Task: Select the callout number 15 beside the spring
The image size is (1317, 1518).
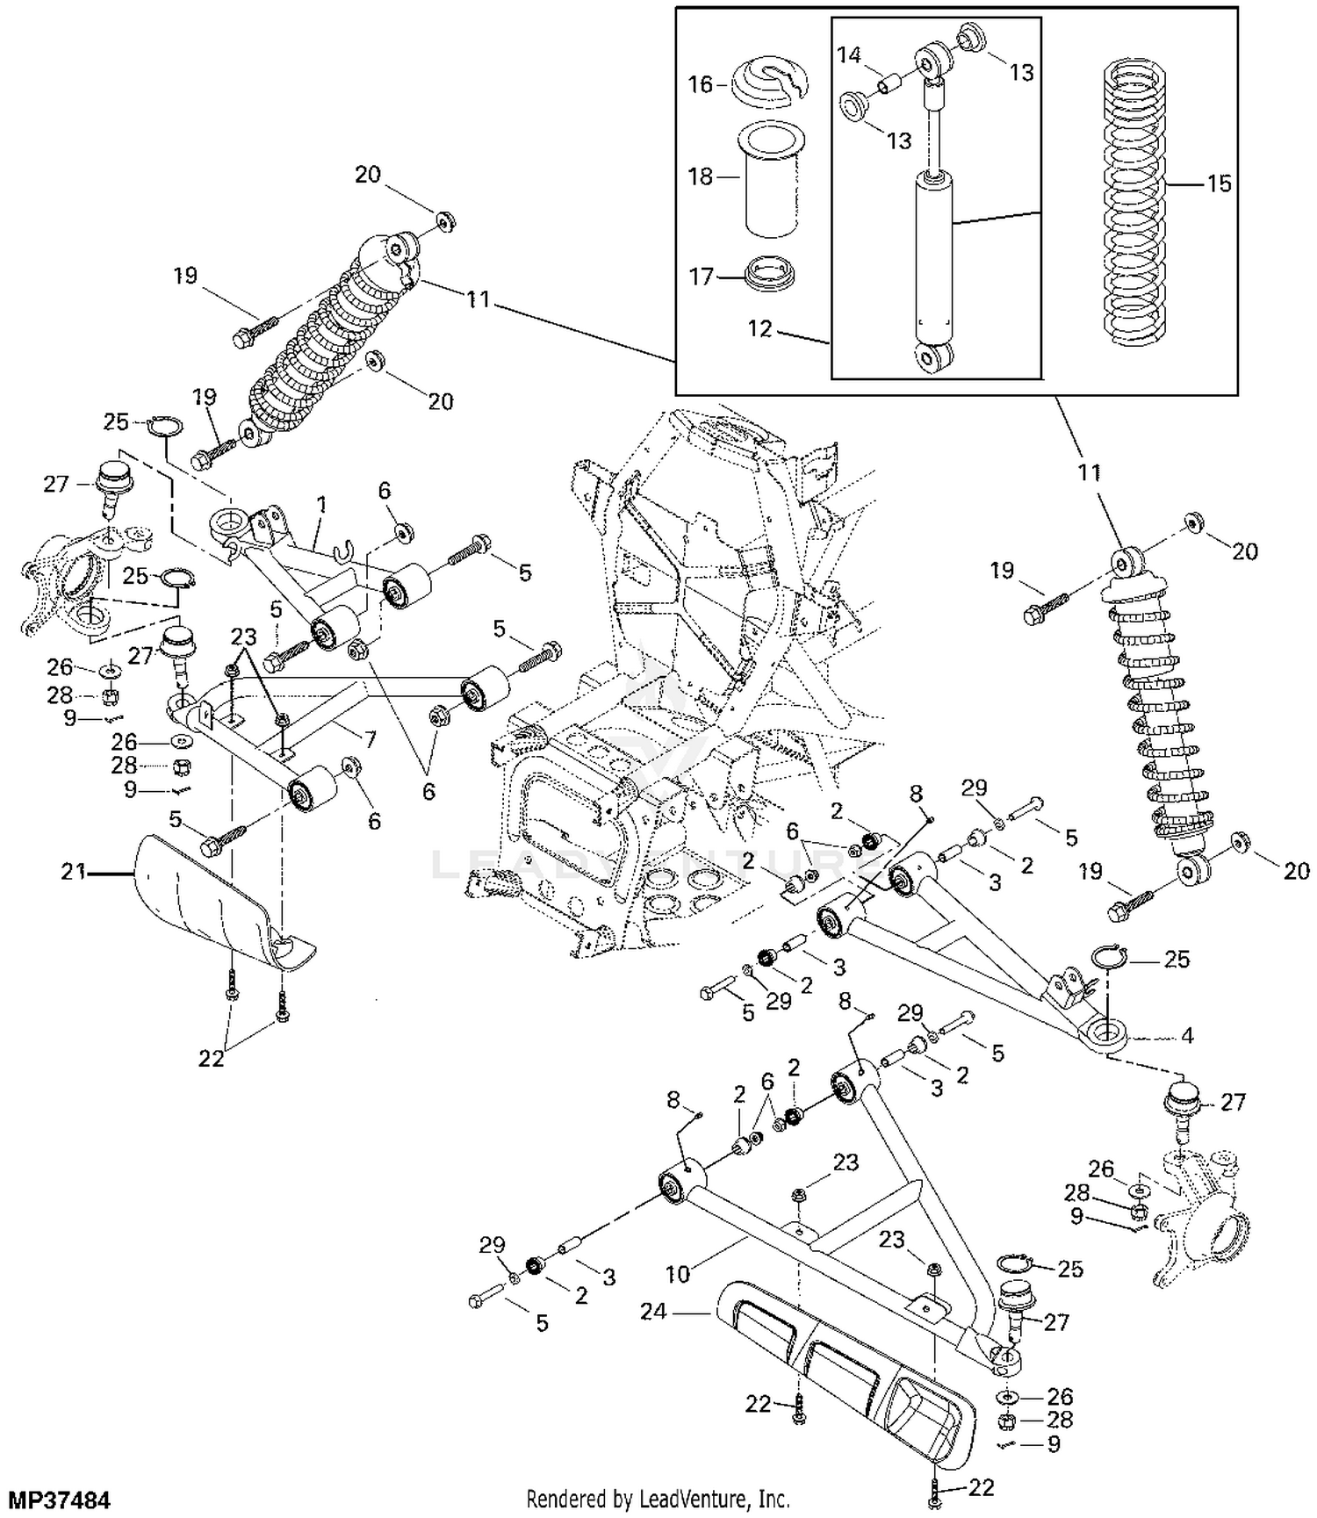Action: pos(1219,184)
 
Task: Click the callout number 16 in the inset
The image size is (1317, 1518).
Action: pos(700,85)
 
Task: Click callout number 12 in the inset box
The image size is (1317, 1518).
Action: pos(759,329)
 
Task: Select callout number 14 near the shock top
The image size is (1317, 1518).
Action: pos(848,55)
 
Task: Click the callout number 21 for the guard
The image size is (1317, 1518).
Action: pos(74,872)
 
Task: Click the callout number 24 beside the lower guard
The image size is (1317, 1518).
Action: pos(653,1312)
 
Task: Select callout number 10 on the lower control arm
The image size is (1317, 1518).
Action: pos(678,1271)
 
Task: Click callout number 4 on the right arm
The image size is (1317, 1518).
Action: pos(1186,1036)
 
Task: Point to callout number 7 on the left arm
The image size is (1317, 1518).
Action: pos(370,740)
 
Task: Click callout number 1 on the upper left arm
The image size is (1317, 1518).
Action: pos(321,505)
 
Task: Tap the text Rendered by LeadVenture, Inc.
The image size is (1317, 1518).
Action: pos(657,1498)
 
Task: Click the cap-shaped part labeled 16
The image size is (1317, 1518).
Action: pos(770,79)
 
